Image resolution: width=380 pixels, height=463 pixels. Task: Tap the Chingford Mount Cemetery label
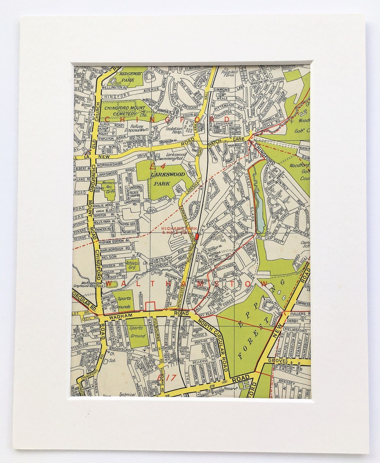(x=120, y=111)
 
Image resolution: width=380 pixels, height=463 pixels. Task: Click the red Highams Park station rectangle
(x=197, y=236)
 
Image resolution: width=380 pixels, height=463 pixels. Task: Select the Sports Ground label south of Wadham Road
(x=138, y=332)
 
